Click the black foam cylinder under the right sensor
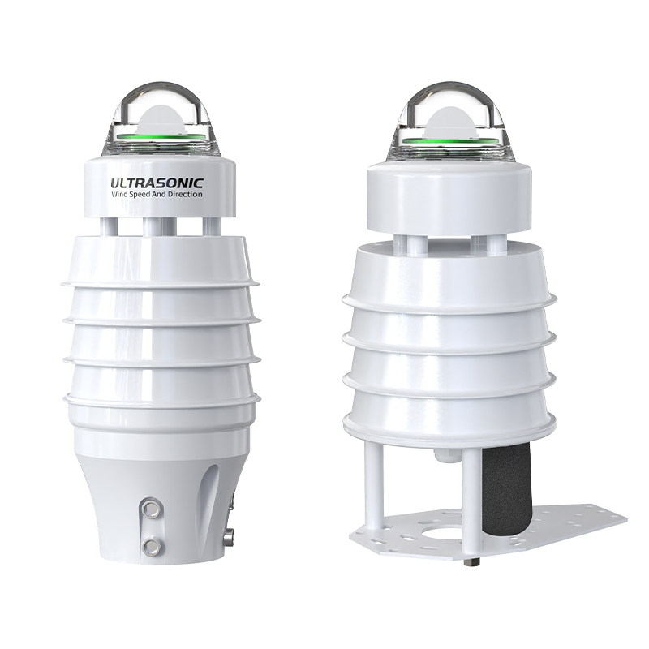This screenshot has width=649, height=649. [x=497, y=495]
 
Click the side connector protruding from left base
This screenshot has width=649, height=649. [x=230, y=535]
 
